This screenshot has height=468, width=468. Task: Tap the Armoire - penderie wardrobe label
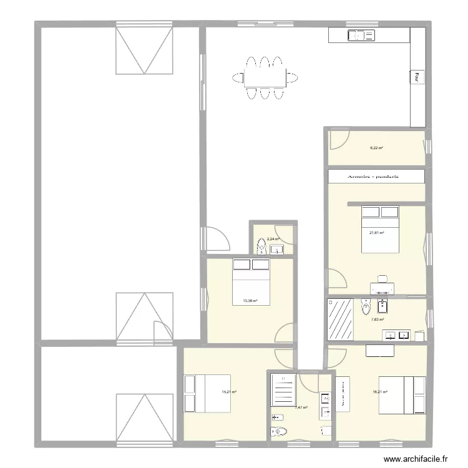pos(376,177)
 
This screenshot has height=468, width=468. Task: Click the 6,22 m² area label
pos(376,148)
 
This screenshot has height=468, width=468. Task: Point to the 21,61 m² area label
pos(376,233)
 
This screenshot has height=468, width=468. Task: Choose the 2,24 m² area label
pos(273,238)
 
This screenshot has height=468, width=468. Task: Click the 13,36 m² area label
pos(250,300)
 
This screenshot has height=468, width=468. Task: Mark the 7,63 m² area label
pos(378,319)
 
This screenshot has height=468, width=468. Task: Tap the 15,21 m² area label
pos(228,392)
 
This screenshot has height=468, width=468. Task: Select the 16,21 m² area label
pos(380,392)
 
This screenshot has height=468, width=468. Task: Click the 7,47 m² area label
pos(301,407)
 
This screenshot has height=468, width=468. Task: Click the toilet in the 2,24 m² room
pos(261,249)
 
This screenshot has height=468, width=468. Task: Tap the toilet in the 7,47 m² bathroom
pos(279,431)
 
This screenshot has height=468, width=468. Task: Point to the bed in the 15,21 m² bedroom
pos(207,392)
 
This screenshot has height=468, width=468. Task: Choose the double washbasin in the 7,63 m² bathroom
pos(397,336)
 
